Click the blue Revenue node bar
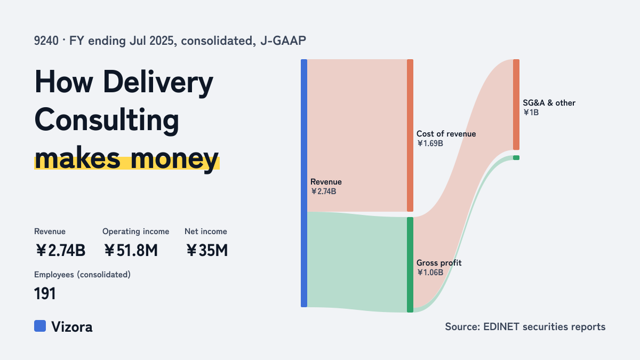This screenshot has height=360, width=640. click(x=304, y=183)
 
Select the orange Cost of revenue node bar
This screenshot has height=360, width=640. click(x=410, y=135)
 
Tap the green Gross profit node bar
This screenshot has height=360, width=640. click(x=410, y=265)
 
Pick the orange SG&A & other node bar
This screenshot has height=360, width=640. click(x=516, y=105)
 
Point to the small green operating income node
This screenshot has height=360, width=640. click(x=516, y=158)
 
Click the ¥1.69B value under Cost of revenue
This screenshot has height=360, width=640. click(x=430, y=143)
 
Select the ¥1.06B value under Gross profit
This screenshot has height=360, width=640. click(x=430, y=273)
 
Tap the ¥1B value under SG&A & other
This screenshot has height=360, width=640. click(x=531, y=113)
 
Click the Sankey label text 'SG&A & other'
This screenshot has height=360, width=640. click(x=549, y=103)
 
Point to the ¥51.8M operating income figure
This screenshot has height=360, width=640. click(x=131, y=250)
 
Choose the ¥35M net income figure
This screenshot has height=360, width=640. click(x=207, y=250)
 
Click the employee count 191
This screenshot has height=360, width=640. click(x=45, y=293)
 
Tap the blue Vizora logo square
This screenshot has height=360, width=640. click(x=40, y=326)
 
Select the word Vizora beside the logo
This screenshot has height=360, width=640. click(x=71, y=327)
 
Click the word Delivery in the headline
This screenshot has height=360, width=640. click(x=158, y=83)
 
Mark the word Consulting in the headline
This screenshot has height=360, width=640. click(x=107, y=121)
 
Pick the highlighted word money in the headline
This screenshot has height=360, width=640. click(x=174, y=159)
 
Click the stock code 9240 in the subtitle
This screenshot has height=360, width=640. click(x=46, y=41)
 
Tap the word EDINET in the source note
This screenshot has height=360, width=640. click(x=501, y=326)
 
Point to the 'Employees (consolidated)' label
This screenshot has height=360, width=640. click(x=82, y=275)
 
